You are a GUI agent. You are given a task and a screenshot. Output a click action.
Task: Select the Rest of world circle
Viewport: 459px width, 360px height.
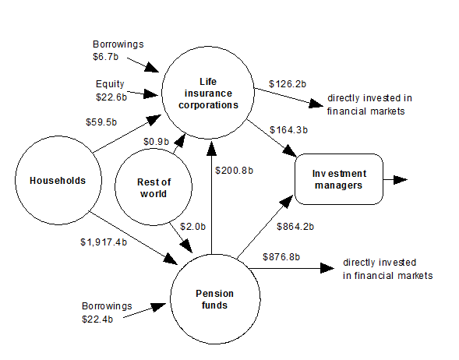pos(152,188)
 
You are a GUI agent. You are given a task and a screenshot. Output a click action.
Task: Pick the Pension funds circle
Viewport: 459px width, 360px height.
pos(211,298)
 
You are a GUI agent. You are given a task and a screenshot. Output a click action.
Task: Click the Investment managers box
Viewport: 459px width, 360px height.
pos(339,178)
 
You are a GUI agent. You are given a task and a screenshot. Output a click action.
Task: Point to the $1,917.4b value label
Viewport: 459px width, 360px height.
pos(104,243)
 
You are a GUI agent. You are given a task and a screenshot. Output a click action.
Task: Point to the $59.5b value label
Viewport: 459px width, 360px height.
pos(103,122)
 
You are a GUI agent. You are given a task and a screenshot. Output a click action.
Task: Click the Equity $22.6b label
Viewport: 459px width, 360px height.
pos(111,90)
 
